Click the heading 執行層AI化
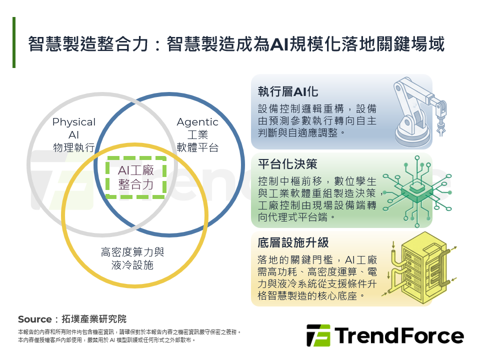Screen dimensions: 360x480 288,92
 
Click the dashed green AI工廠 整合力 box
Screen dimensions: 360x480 135,178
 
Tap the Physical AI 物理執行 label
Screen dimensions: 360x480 74,134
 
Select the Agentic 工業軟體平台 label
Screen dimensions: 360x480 197,134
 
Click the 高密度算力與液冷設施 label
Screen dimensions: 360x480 132,258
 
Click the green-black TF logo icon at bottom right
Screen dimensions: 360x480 318,335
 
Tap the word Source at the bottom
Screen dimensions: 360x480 34,319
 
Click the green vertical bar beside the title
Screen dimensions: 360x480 14,42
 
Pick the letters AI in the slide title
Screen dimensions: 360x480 277,44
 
